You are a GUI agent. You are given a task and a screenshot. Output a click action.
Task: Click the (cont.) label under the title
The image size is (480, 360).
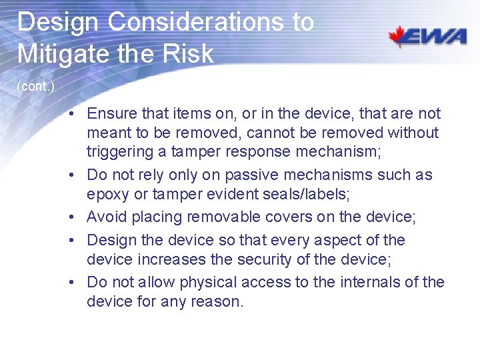[x=35, y=86]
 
